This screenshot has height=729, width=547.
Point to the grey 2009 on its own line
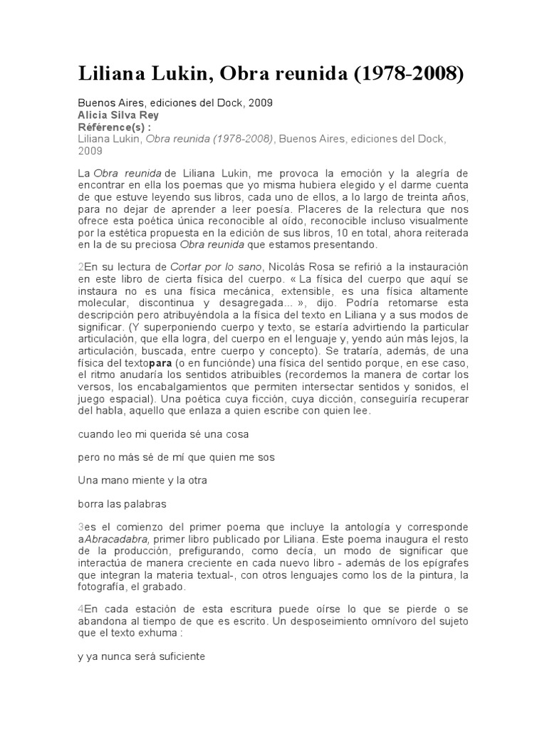90,150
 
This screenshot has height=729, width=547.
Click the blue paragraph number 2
80,266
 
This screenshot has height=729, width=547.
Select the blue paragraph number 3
80,528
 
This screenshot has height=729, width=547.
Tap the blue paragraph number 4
80,609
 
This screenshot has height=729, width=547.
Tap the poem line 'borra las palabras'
122,504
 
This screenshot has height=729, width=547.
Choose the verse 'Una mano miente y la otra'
142,480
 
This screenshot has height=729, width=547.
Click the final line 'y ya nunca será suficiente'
142,657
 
